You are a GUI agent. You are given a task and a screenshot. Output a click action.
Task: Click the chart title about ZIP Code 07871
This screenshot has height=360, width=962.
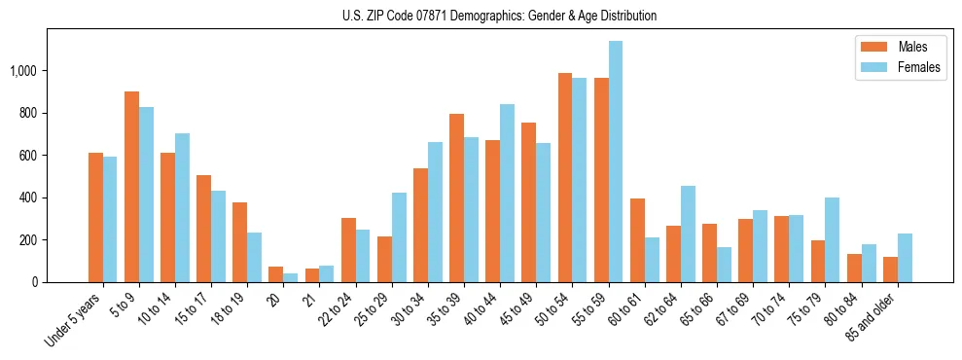(499, 16)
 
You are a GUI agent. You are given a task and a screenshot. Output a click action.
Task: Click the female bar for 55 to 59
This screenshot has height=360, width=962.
(615, 162)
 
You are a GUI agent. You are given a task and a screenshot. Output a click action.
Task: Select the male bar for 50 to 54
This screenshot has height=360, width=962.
(565, 178)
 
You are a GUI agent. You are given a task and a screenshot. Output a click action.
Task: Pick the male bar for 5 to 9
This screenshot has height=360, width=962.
(132, 187)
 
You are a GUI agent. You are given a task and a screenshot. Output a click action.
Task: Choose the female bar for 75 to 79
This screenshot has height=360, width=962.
(832, 239)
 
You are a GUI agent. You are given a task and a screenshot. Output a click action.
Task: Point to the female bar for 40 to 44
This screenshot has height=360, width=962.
(507, 193)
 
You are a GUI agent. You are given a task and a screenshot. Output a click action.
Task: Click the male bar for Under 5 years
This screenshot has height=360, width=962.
(96, 217)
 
